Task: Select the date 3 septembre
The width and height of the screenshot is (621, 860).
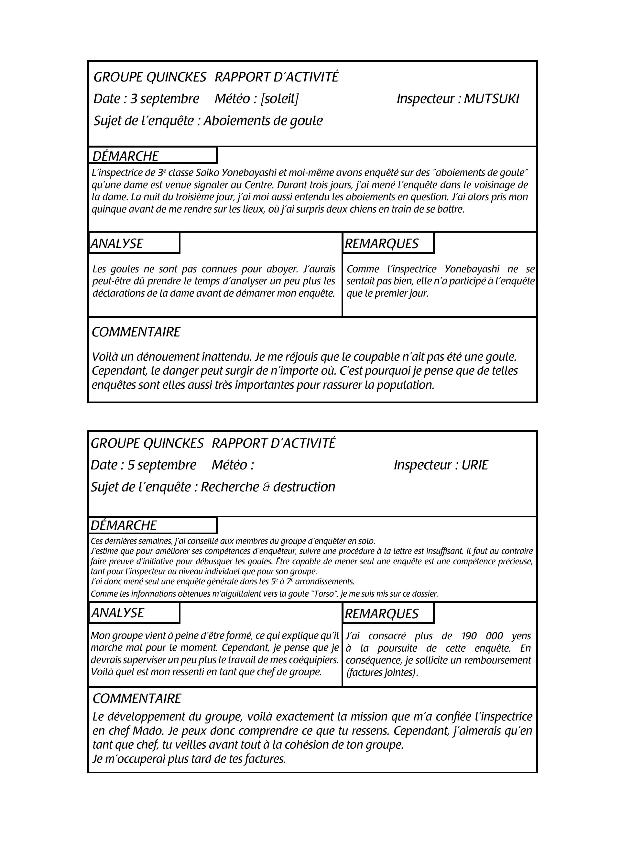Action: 165,99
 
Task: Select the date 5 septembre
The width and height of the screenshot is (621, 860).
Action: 162,465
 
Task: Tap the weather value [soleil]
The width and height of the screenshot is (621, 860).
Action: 279,99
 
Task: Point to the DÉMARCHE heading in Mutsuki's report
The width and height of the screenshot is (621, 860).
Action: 125,156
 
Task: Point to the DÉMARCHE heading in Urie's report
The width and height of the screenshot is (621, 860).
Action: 124,525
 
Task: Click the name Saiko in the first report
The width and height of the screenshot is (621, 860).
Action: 207,173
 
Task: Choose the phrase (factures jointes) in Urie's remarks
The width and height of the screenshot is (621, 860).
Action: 382,672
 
